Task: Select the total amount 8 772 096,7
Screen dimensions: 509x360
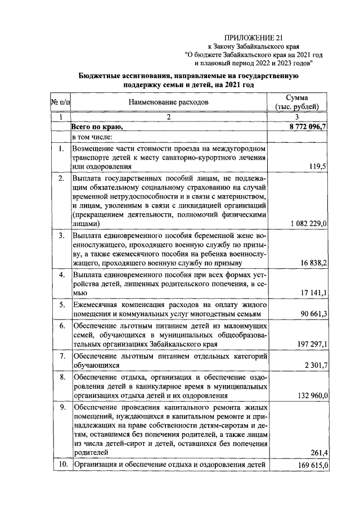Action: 307,127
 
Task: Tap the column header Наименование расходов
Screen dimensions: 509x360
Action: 168,102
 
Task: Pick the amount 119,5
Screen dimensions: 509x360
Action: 319,166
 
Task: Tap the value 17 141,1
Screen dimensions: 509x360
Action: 312,293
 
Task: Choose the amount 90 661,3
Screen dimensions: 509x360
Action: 312,313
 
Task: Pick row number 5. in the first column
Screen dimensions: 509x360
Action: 61,304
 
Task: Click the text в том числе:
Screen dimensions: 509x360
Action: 92,137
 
